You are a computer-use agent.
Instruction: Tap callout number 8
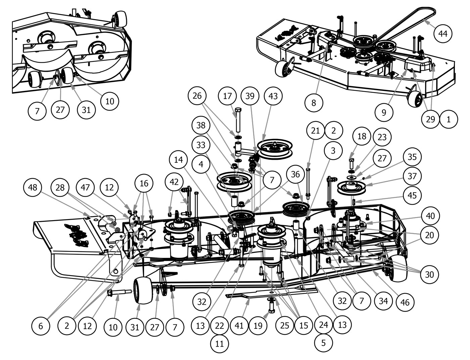click(314, 102)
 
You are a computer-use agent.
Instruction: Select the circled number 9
click(384, 112)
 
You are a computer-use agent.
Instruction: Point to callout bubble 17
click(227, 96)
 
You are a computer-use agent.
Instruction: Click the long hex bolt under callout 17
click(238, 121)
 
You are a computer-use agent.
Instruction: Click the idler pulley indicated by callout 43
click(274, 148)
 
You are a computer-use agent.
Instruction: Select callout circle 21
click(315, 131)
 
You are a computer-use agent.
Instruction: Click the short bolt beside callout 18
click(351, 164)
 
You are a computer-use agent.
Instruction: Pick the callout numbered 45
click(412, 195)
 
